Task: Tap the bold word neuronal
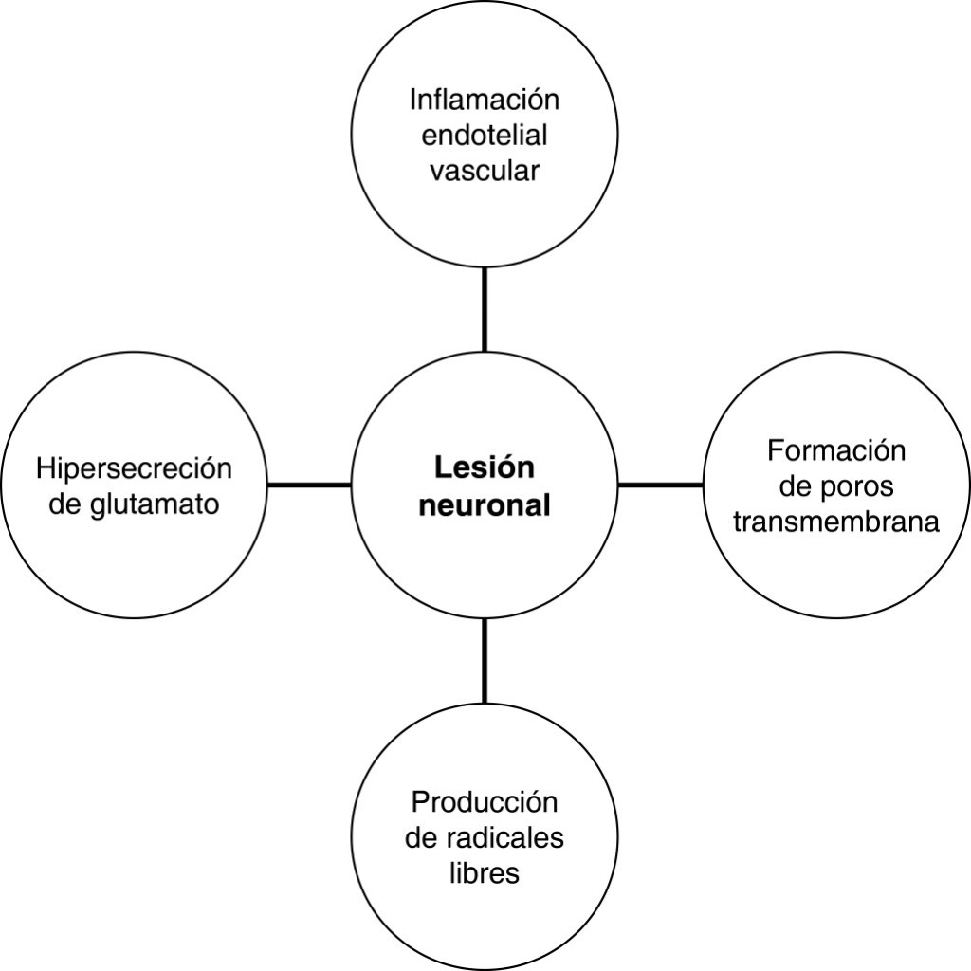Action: (485, 505)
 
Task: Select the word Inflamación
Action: (485, 100)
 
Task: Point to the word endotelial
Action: (485, 136)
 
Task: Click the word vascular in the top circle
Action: (485, 172)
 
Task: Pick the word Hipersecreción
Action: (134, 469)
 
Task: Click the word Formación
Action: (836, 449)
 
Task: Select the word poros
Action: (858, 485)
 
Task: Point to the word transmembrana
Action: (836, 522)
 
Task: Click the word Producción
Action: (485, 802)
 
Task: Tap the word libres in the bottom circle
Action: (485, 873)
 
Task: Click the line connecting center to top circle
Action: (485, 309)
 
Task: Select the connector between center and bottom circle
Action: (485, 661)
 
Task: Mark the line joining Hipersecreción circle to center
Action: (309, 485)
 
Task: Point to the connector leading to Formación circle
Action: (661, 485)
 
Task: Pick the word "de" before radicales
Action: (420, 838)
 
